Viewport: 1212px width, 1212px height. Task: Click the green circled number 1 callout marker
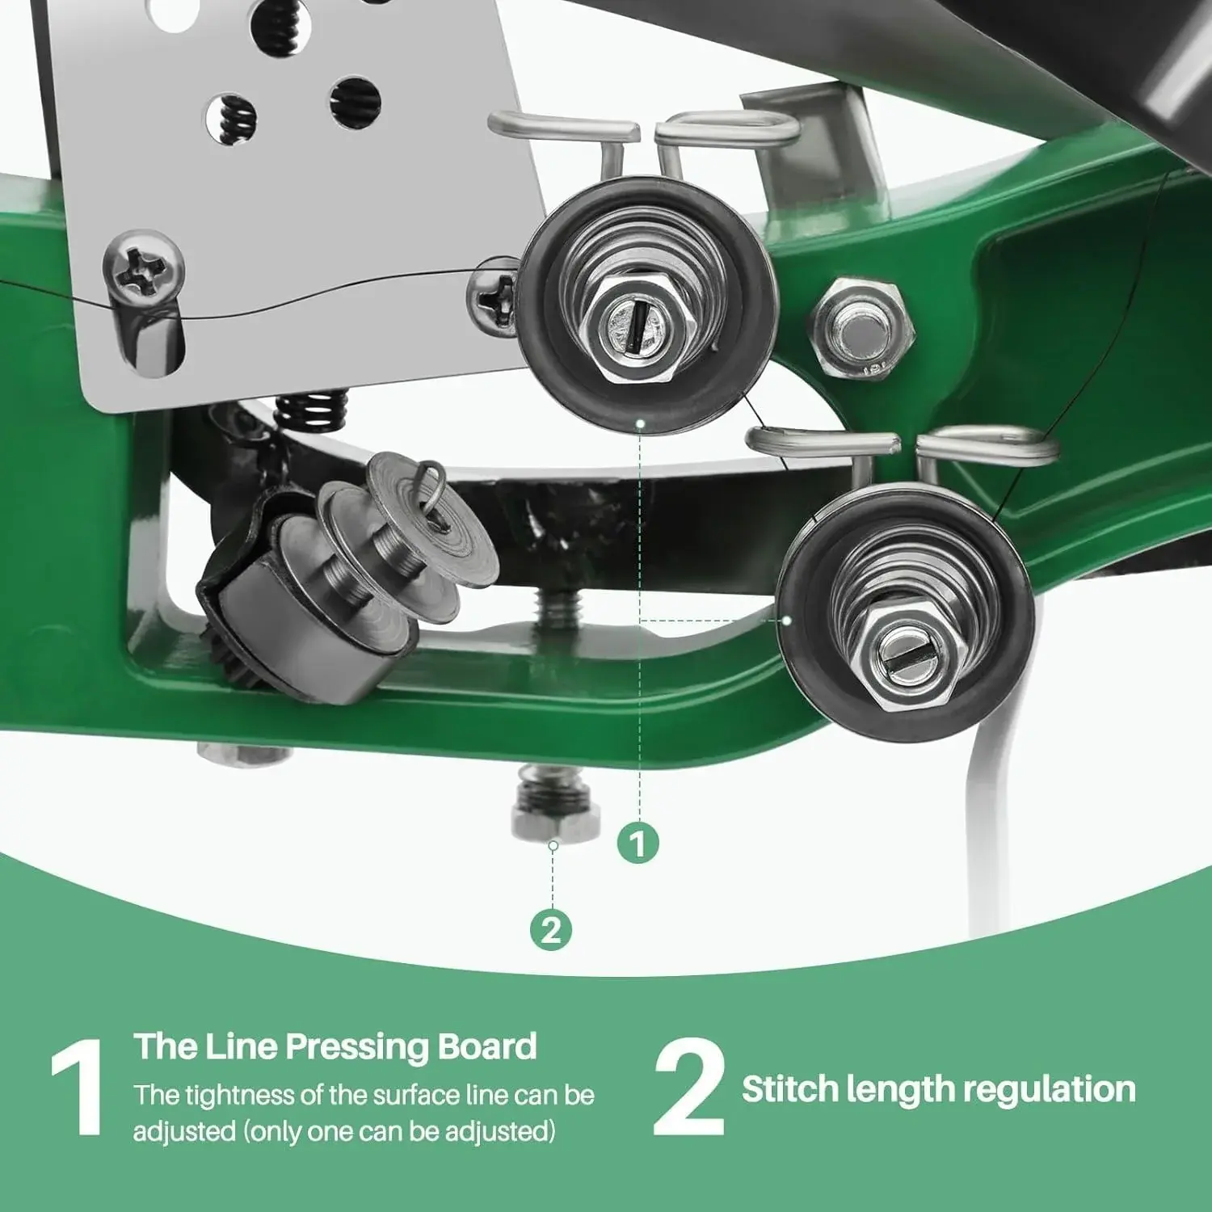(x=638, y=843)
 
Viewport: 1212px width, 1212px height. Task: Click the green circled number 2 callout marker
(x=551, y=930)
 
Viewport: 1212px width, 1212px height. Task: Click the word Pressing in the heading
(x=360, y=1048)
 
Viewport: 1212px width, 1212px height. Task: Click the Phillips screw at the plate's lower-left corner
(x=143, y=269)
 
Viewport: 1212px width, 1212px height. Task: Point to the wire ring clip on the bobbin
(x=434, y=494)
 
